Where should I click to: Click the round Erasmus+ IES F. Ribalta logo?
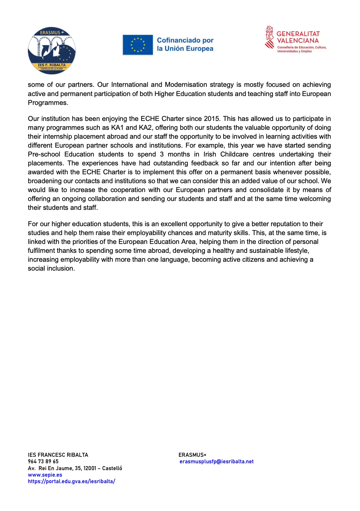pos(52,51)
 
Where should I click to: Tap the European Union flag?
pos(138,45)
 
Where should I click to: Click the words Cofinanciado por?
pos(185,40)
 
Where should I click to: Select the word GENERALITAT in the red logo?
pos(298,34)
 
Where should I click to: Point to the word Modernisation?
pos(186,85)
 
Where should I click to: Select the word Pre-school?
pos(44,154)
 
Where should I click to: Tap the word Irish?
pos(210,154)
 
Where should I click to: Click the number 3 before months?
pos(162,154)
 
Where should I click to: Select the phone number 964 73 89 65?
pos(43,462)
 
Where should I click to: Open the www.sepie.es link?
pos(45,475)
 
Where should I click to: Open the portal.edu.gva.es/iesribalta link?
pos(71,481)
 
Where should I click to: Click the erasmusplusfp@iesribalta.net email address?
pos(217,462)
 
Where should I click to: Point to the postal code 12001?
pos(90,468)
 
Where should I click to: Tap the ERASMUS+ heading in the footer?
pos(192,455)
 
